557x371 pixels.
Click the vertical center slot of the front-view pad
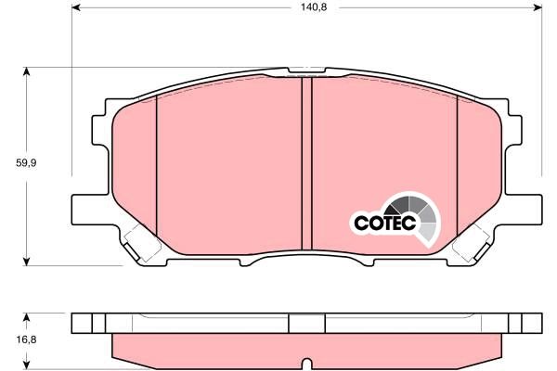point(307,163)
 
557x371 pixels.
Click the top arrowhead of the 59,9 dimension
point(27,71)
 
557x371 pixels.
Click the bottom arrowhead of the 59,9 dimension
point(27,261)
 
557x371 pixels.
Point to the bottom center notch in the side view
point(307,361)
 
